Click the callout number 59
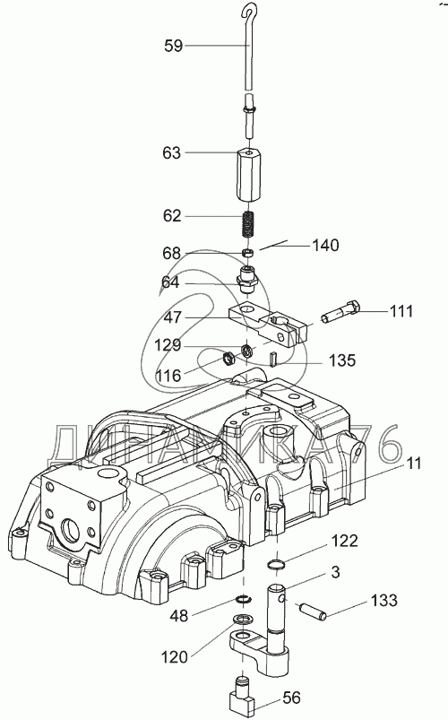coord(174,46)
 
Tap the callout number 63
coord(172,153)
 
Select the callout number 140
coord(325,245)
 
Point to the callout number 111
coord(401,311)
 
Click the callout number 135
coord(342,360)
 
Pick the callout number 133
coord(383,600)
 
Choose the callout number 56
coord(291,698)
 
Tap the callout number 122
coord(344,541)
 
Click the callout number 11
coord(413,464)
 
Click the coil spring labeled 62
coord(248,223)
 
